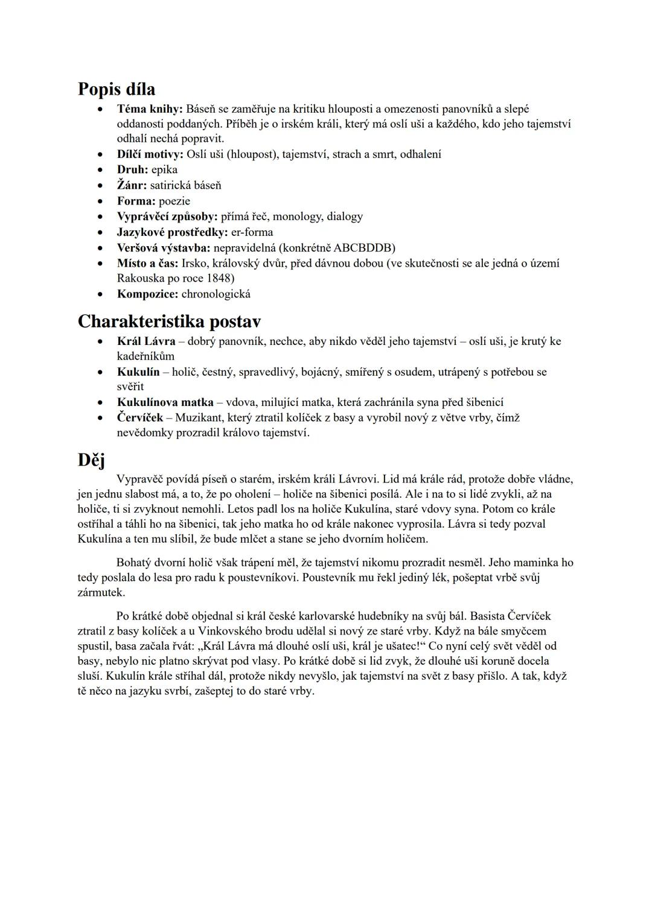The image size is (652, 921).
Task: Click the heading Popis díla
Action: point(117,89)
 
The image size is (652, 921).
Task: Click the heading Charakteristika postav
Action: point(170,321)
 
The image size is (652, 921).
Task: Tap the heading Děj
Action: point(91,460)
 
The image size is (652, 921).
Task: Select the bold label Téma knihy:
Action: point(150,109)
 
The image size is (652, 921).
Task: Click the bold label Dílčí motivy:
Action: point(150,154)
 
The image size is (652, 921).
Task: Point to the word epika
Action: point(164,170)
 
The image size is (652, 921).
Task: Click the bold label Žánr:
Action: point(132,185)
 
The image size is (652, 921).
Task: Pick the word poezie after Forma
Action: point(174,201)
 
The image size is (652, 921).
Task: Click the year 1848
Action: point(220,278)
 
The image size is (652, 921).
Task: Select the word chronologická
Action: point(216,294)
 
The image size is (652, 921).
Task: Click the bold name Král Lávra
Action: point(146,341)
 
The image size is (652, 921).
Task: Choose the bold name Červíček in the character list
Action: point(140,418)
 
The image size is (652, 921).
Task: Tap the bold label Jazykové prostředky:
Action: point(172,232)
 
